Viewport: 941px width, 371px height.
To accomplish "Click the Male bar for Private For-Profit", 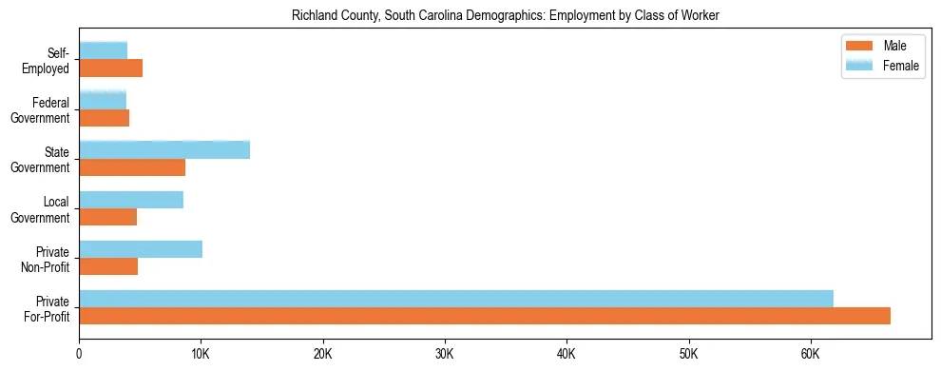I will [485, 316].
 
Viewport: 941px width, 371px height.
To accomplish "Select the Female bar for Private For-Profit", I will [456, 299].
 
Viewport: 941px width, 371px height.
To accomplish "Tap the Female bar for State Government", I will [164, 149].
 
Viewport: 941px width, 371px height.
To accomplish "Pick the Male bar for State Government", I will [132, 167].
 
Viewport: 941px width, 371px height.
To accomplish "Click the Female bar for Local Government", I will [131, 200].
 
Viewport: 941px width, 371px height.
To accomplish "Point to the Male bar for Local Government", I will [107, 217].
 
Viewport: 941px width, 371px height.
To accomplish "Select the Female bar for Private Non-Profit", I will [141, 249].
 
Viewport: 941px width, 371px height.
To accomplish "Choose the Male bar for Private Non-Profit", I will [108, 266].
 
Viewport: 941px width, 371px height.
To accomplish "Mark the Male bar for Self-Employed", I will [110, 68].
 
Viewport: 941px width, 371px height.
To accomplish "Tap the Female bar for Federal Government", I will [103, 100].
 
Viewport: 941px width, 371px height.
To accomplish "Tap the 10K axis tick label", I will [201, 354].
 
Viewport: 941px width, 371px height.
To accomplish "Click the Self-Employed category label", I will [51, 60].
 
